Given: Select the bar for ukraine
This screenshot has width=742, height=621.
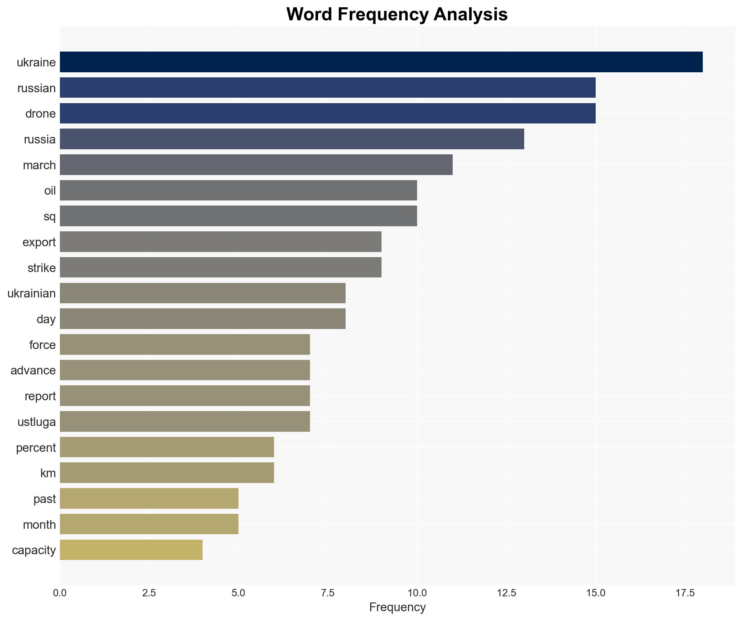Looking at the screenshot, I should pyautogui.click(x=381, y=62).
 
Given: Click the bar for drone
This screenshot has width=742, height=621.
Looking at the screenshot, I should pyautogui.click(x=327, y=113).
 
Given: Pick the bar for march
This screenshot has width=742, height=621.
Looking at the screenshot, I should pyautogui.click(x=256, y=165).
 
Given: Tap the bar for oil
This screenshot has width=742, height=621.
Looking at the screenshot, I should pyautogui.click(x=238, y=190).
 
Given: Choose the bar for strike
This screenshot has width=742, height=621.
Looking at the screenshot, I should pyautogui.click(x=220, y=268).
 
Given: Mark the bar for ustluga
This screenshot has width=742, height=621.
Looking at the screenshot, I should pyautogui.click(x=185, y=422).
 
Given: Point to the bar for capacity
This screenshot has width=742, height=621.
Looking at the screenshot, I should pyautogui.click(x=131, y=550).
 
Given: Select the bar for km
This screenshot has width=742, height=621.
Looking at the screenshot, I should pyautogui.click(x=167, y=473).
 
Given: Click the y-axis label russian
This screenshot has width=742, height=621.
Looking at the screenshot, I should pyautogui.click(x=37, y=88).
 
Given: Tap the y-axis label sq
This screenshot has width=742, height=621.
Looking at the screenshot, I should pyautogui.click(x=50, y=216).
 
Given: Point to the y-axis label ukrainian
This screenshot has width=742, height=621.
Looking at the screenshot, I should pyautogui.click(x=32, y=293).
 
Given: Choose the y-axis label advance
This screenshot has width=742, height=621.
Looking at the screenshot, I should pyautogui.click(x=33, y=370).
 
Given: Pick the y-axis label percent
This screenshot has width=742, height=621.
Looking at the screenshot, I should pyautogui.click(x=36, y=448).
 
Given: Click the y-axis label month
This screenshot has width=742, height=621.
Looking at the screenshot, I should pyautogui.click(x=39, y=525).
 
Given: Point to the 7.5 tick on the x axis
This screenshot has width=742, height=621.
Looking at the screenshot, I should pyautogui.click(x=327, y=593).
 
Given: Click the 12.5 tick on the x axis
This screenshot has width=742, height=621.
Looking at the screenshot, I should pyautogui.click(x=506, y=593).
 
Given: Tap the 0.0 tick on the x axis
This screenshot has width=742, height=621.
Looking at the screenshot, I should pyautogui.click(x=60, y=593).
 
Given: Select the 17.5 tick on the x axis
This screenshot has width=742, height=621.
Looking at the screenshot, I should pyautogui.click(x=685, y=593).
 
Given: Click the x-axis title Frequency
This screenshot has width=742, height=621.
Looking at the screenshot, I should pyautogui.click(x=397, y=607).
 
